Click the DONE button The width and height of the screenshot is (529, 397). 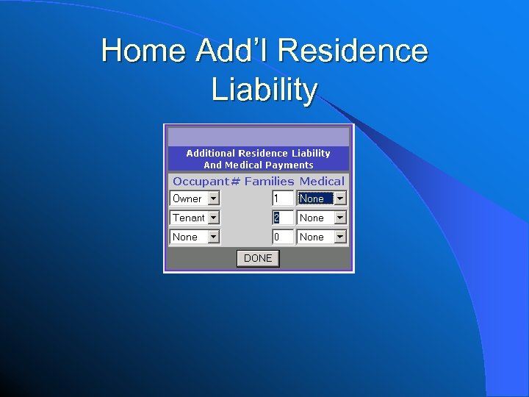click(258, 258)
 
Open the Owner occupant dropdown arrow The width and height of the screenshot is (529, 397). click(213, 198)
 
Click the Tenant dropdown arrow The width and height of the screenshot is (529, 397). click(213, 218)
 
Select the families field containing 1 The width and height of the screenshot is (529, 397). click(282, 198)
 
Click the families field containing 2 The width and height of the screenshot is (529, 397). click(282, 218)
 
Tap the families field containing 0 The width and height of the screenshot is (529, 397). click(282, 237)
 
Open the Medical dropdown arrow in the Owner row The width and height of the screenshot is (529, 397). click(340, 198)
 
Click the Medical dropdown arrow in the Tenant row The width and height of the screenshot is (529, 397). click(340, 218)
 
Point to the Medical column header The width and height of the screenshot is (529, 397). click(322, 181)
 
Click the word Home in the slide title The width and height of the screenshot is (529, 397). click(143, 51)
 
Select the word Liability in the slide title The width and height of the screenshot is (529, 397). click(264, 90)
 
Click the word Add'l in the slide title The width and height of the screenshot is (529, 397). click(233, 51)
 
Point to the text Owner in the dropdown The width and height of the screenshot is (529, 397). click(187, 198)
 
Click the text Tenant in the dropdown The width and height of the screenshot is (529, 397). click(188, 218)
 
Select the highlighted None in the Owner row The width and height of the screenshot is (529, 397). click(312, 198)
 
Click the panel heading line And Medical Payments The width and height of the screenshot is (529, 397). click(259, 165)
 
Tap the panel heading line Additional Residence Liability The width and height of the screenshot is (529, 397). click(259, 153)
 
